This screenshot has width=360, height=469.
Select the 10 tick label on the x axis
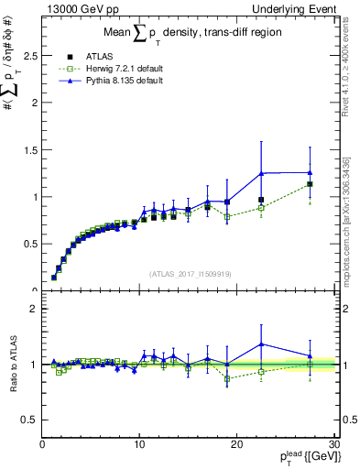[x=138, y=444]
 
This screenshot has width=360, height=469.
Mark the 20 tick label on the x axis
[x=235, y=444]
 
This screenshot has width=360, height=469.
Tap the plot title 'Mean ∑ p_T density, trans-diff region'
[x=188, y=35]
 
